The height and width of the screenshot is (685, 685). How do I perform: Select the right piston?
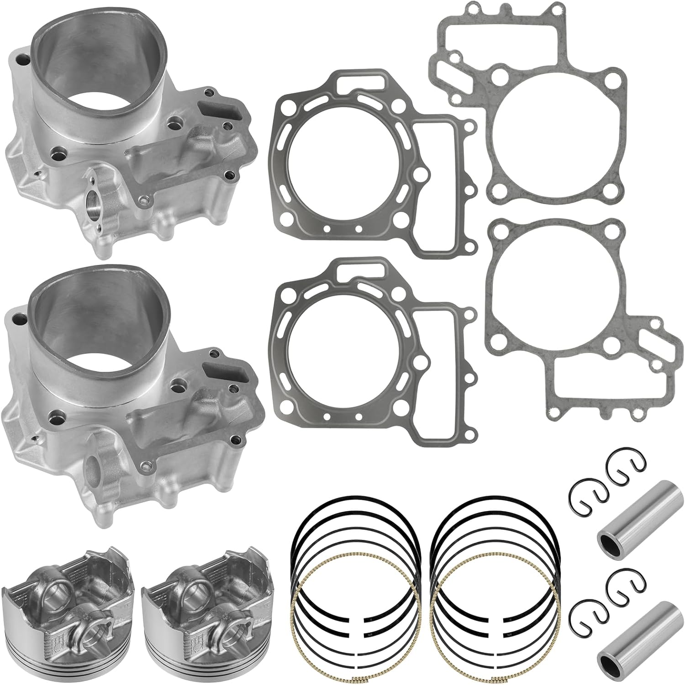[x=208, y=607]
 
